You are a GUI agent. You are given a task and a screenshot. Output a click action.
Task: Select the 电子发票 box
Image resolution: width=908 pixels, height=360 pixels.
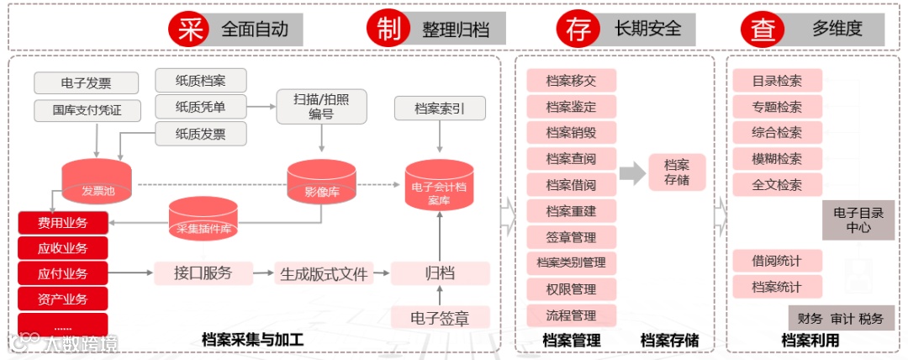(x=86, y=83)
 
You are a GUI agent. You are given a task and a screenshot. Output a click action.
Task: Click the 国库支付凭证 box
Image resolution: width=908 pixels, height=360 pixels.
(x=86, y=110)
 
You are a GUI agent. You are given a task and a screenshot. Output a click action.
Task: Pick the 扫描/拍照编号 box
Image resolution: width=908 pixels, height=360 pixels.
(x=323, y=107)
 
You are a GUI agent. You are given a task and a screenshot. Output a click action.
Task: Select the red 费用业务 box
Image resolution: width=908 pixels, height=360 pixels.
(x=62, y=223)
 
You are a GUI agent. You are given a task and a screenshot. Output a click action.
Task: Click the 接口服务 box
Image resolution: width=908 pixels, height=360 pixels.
(x=203, y=273)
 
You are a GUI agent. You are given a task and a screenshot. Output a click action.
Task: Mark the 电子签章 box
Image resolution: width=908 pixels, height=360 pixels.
(x=440, y=317)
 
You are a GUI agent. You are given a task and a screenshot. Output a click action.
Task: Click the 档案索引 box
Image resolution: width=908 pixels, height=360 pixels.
(x=440, y=109)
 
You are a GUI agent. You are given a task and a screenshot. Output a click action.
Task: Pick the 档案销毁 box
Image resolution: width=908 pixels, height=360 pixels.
(x=571, y=133)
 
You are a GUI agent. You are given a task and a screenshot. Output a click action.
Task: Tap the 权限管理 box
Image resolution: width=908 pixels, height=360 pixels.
(x=571, y=289)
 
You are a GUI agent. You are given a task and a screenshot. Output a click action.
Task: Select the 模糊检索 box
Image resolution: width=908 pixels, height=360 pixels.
(x=777, y=159)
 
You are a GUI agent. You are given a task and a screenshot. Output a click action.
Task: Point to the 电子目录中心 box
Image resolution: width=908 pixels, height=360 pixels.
(x=858, y=220)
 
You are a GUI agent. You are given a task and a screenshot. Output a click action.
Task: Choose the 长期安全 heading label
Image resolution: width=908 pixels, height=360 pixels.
(x=647, y=29)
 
